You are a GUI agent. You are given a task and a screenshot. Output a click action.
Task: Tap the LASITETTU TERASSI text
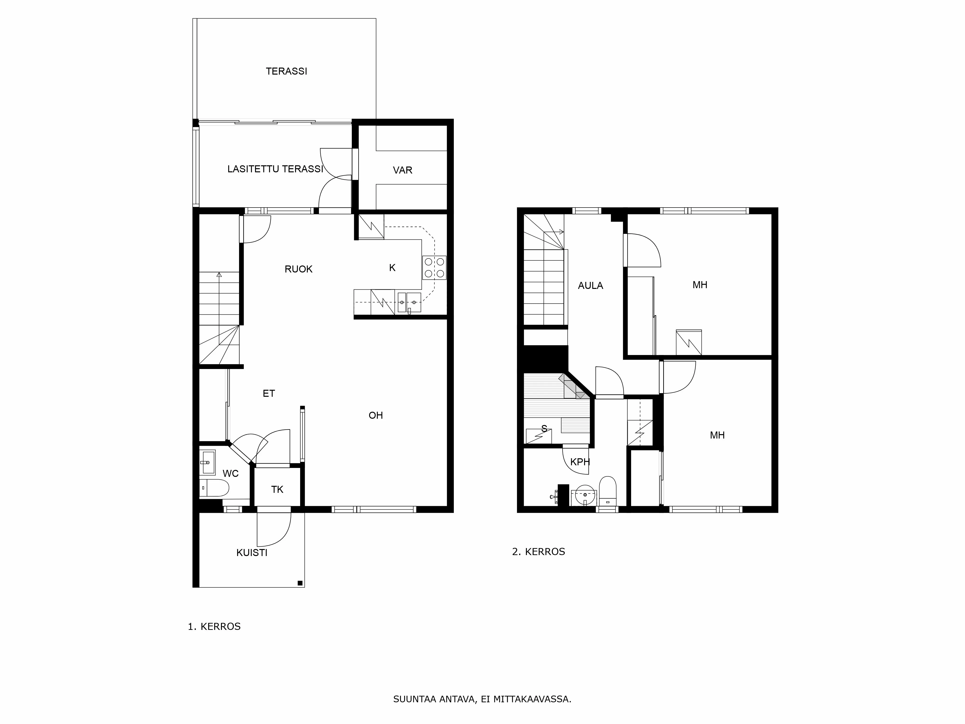pos(275,169)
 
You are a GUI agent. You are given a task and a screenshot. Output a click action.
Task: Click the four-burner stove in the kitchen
pos(434,267)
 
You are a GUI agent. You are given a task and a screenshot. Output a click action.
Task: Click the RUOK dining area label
pos(298,269)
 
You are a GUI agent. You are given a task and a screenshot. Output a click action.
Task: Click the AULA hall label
pos(590,286)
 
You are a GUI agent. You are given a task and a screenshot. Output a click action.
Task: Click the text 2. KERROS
pos(538,552)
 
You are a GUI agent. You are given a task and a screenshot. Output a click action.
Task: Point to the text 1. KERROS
pos(214,627)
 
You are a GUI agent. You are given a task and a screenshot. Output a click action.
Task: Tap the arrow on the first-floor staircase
pos(219,275)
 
